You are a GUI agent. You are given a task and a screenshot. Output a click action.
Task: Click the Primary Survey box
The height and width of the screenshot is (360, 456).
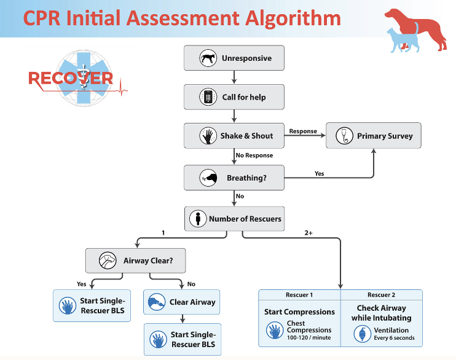click(374, 136)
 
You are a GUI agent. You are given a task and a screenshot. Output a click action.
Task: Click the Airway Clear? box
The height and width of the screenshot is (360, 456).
click(136, 260)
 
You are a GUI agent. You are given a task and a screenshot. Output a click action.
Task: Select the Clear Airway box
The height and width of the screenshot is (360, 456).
click(182, 302)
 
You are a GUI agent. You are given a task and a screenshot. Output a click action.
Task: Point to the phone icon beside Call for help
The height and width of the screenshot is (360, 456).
click(209, 97)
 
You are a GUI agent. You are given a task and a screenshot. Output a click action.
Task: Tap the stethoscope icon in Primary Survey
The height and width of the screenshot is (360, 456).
click(345, 136)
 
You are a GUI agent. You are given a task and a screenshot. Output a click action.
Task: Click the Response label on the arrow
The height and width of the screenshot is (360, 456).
click(303, 131)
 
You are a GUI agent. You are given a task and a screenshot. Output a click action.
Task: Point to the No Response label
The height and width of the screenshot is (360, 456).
click(254, 155)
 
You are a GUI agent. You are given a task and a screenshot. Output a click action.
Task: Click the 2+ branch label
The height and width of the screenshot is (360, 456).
click(309, 233)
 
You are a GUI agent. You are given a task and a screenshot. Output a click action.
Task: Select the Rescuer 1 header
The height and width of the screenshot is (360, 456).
click(299, 295)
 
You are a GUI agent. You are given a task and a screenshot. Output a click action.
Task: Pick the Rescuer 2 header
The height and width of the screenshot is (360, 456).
click(382, 295)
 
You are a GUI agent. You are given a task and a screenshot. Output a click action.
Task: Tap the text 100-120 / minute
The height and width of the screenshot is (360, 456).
click(309, 338)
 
